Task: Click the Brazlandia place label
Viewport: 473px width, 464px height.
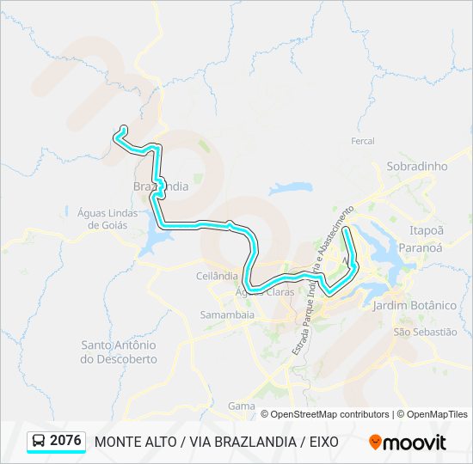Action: click(161, 186)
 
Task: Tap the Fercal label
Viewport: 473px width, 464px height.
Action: click(363, 141)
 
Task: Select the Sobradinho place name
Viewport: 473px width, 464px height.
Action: click(418, 166)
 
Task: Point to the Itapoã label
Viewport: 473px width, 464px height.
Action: click(427, 230)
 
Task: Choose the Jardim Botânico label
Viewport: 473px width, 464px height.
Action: click(415, 305)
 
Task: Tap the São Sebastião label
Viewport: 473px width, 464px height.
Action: click(424, 332)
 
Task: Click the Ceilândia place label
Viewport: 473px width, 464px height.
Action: click(217, 276)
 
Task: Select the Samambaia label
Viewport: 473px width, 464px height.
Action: click(227, 315)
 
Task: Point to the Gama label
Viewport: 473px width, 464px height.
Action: click(242, 406)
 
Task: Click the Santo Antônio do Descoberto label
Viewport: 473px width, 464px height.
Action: click(119, 351)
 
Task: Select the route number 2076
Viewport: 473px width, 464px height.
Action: click(66, 441)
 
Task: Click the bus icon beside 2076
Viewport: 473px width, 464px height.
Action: click(39, 442)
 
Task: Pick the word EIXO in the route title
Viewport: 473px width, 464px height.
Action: click(320, 442)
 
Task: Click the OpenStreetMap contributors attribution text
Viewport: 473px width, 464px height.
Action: click(330, 414)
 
